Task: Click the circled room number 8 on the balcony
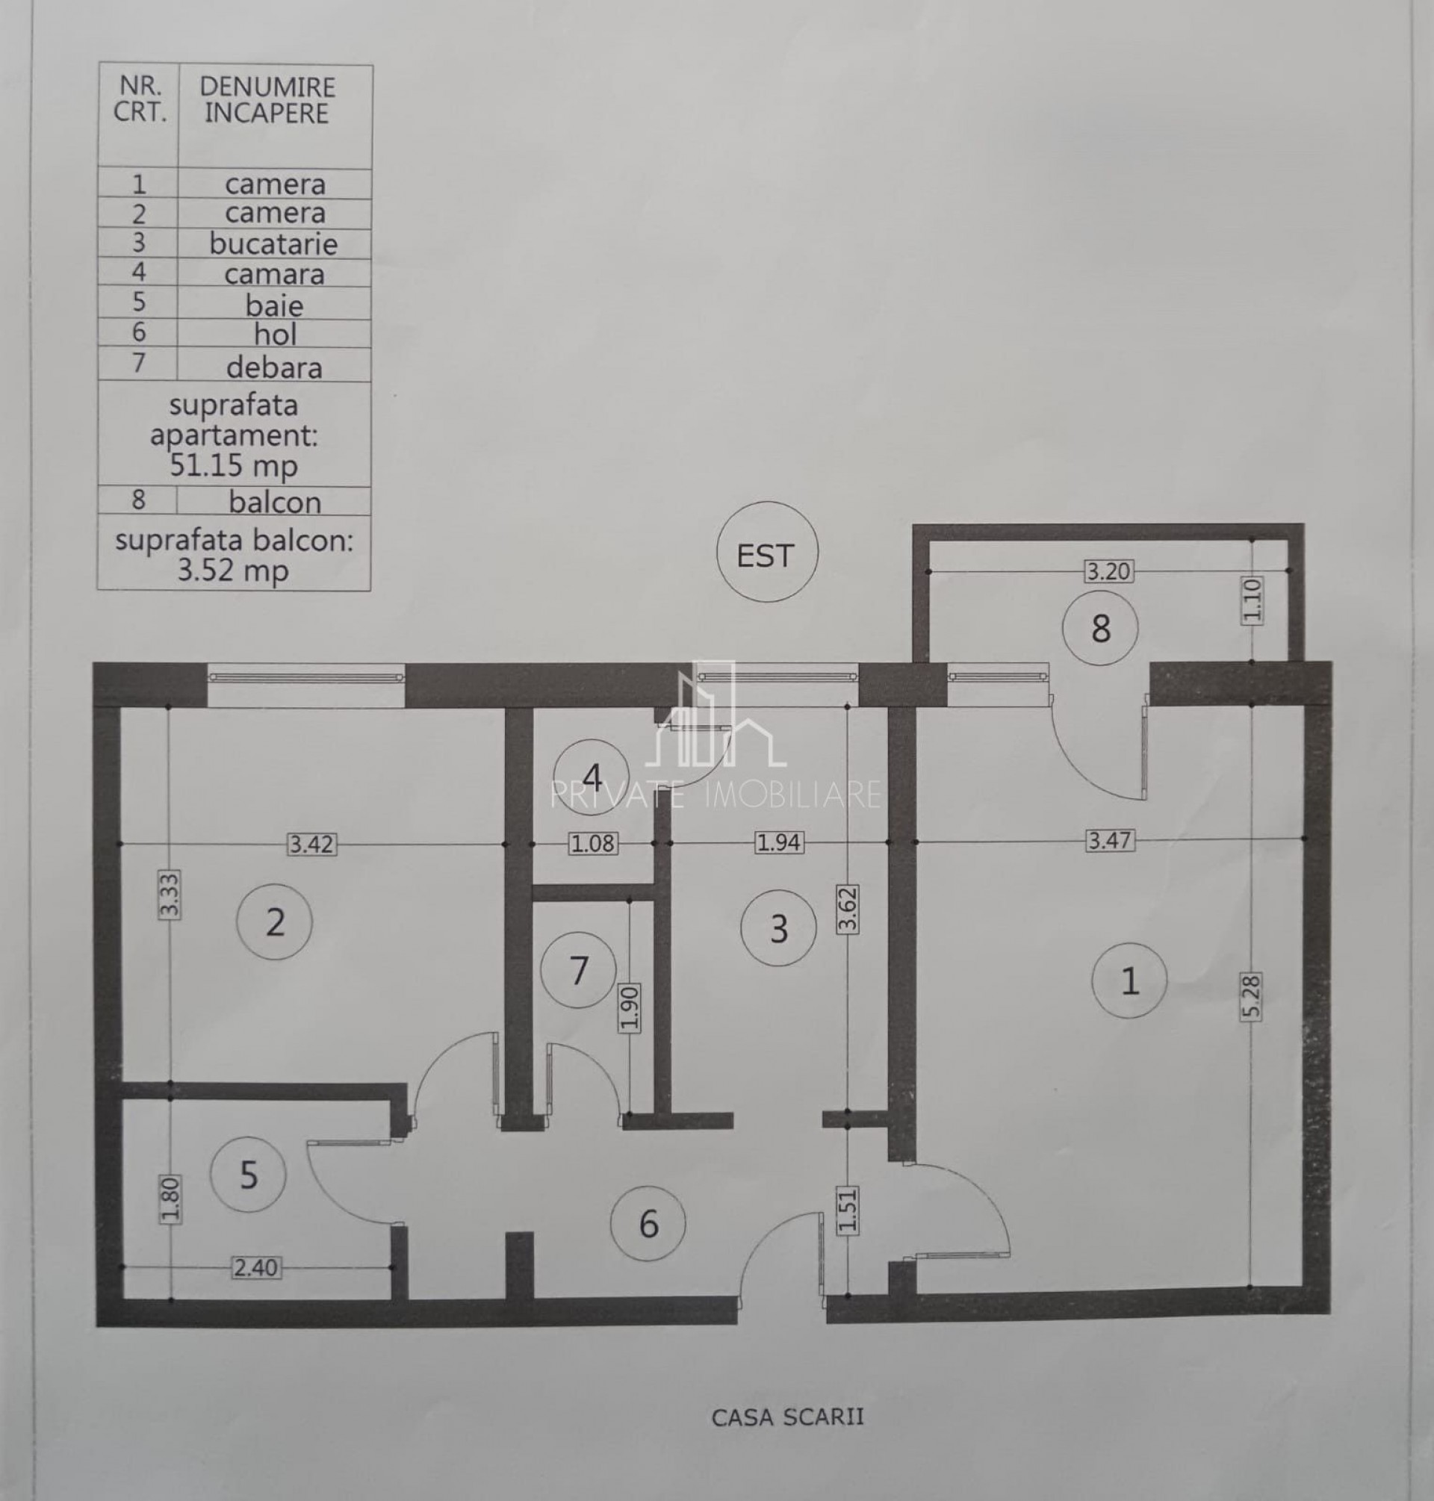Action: point(1100,628)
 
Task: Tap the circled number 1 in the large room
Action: point(1129,980)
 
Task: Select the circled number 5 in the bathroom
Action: point(249,1175)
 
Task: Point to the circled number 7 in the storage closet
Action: point(579,971)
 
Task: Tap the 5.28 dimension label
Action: point(1252,996)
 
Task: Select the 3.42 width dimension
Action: point(312,845)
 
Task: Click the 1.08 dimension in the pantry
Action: point(593,844)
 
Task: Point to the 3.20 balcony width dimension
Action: point(1108,571)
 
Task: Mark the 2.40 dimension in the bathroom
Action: point(256,1268)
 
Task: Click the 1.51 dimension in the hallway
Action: point(848,1210)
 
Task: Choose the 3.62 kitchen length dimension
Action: point(848,910)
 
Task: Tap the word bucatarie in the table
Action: point(273,243)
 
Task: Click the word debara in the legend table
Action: point(273,367)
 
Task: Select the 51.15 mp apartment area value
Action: point(233,464)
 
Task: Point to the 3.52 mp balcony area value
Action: point(233,570)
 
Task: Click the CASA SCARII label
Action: point(787,1417)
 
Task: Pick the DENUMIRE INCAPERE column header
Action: point(267,100)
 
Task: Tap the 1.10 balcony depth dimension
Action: point(1252,600)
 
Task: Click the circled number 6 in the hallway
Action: point(648,1225)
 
